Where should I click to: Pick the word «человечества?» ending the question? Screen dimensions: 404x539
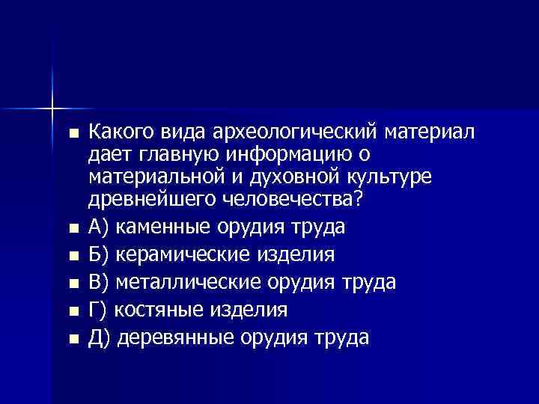(x=275, y=201)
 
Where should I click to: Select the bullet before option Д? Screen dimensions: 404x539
(x=73, y=339)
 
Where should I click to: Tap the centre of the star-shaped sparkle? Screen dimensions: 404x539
(x=53, y=108)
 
